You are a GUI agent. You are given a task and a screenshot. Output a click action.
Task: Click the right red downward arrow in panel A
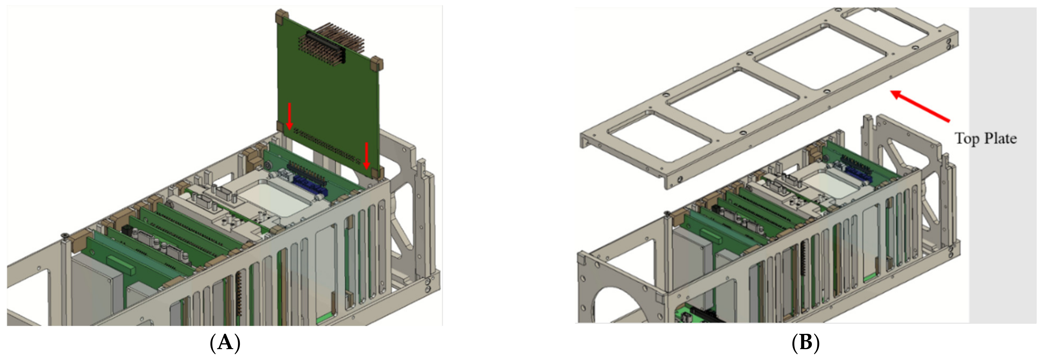367,156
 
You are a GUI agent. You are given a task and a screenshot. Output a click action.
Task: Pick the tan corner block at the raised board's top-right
377,63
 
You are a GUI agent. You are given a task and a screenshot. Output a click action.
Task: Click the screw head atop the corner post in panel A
64,235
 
